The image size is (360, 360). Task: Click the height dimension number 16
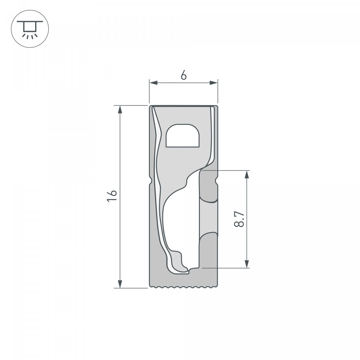112,196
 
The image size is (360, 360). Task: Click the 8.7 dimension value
239,219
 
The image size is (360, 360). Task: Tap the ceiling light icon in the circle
30,29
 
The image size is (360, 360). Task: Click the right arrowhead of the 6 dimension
214,83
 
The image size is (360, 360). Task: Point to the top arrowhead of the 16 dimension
120,110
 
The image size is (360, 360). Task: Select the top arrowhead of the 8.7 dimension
247,174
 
